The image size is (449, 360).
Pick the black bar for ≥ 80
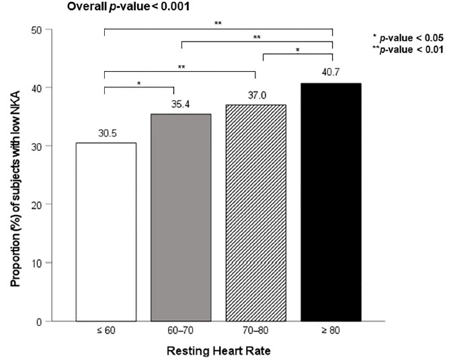point(333,201)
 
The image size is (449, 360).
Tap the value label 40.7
point(333,75)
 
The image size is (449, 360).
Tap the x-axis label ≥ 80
point(333,332)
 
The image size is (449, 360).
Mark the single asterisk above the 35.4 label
point(138,83)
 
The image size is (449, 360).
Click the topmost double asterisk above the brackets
point(218,24)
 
